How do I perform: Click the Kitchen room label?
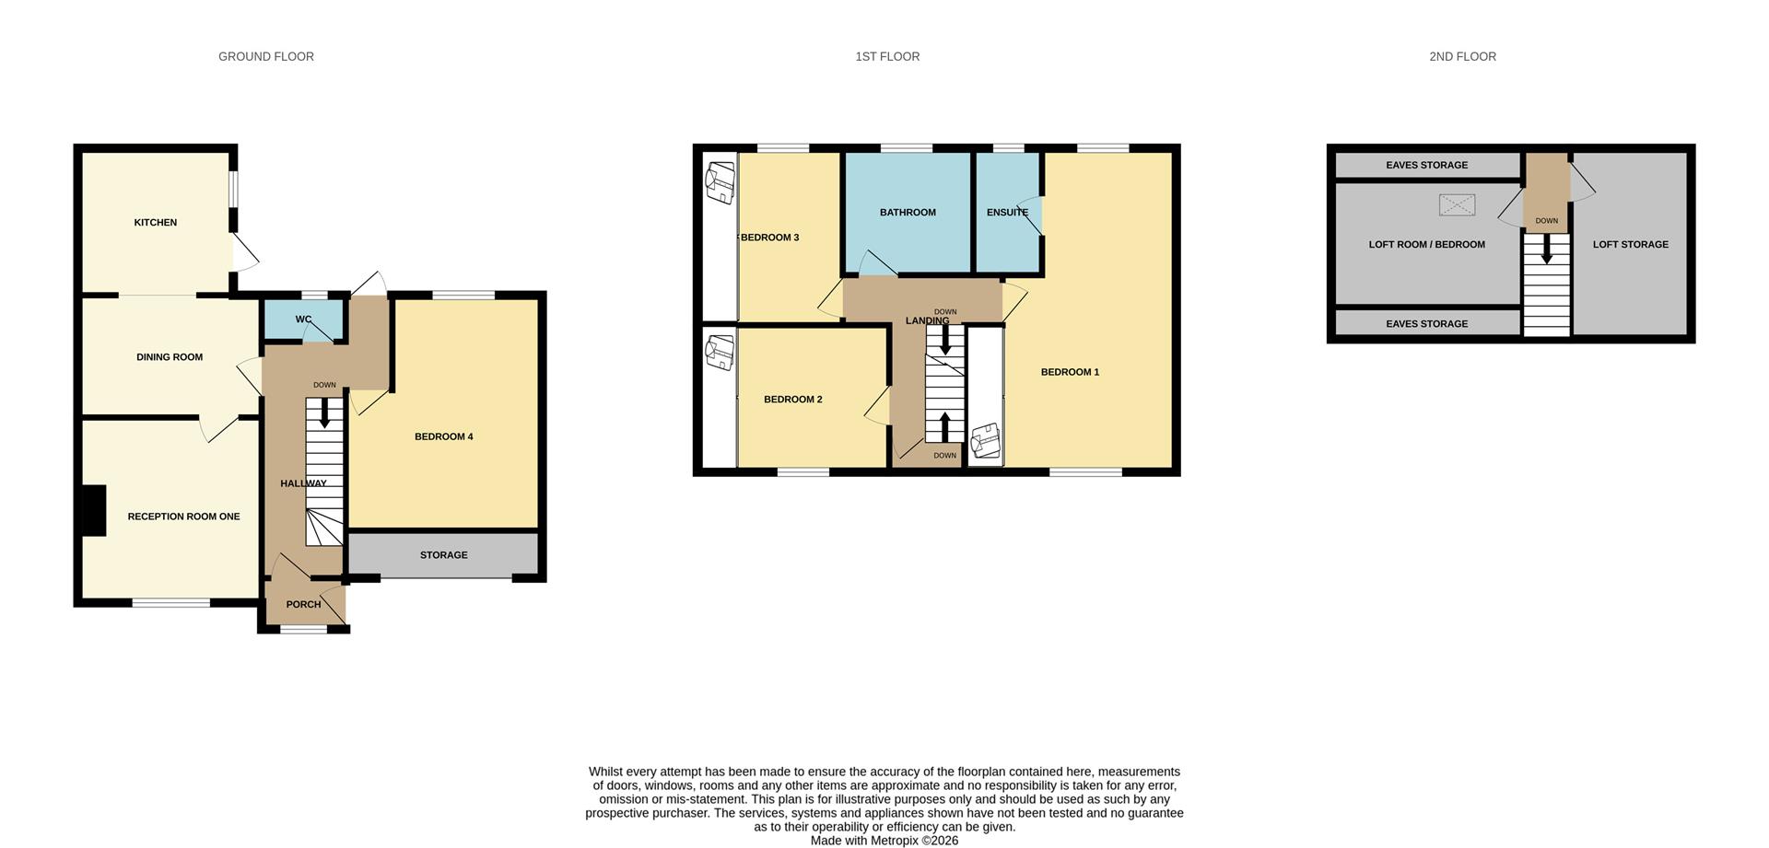point(155,223)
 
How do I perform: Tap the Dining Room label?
point(170,357)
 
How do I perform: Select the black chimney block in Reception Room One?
point(94,510)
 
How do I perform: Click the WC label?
point(303,319)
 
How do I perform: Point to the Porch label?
point(303,605)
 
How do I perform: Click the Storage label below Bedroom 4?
point(443,555)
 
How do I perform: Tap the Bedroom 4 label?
point(443,436)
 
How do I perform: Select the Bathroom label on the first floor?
point(908,213)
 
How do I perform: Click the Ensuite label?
point(1007,213)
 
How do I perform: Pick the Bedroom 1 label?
point(1070,372)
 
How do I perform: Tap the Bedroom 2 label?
point(792,400)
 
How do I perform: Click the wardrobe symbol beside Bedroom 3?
point(720,181)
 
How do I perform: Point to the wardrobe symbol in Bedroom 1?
point(985,440)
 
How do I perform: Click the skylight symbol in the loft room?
point(1457,204)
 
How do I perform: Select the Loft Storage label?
point(1630,245)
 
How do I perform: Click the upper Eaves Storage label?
point(1426,166)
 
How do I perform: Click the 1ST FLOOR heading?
point(886,57)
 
